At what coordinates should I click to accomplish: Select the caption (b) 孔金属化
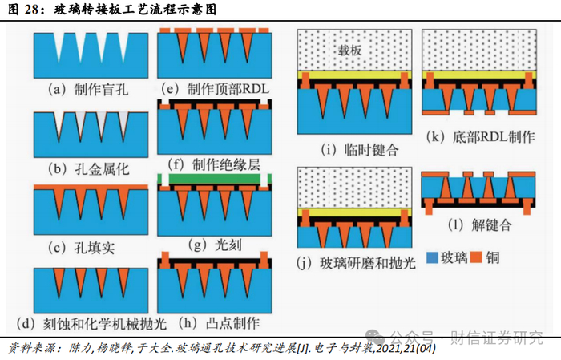click(x=83, y=168)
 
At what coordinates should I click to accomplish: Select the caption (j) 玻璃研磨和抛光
click(x=353, y=263)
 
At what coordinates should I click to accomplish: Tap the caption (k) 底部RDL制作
click(x=481, y=137)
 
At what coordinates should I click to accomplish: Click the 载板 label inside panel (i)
click(x=351, y=48)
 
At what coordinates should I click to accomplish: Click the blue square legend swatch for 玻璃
click(x=431, y=258)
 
